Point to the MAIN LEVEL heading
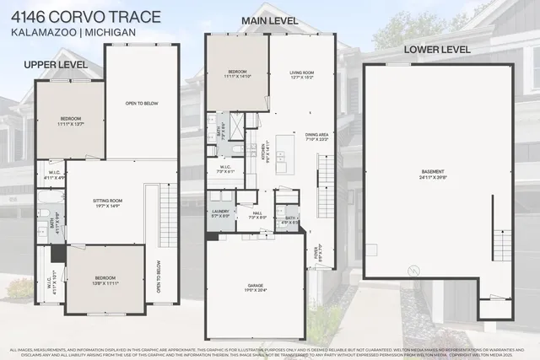271,19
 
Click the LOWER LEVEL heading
436,50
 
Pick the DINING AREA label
317,135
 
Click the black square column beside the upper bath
57,252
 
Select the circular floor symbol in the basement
412,271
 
